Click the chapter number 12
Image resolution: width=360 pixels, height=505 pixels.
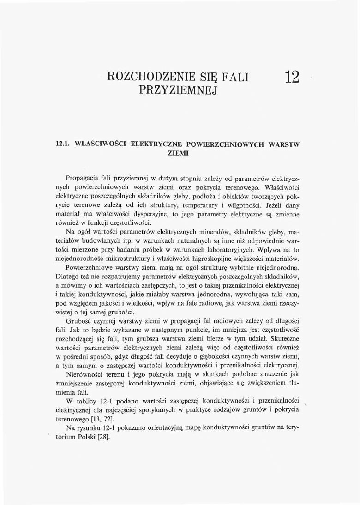(293, 77)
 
